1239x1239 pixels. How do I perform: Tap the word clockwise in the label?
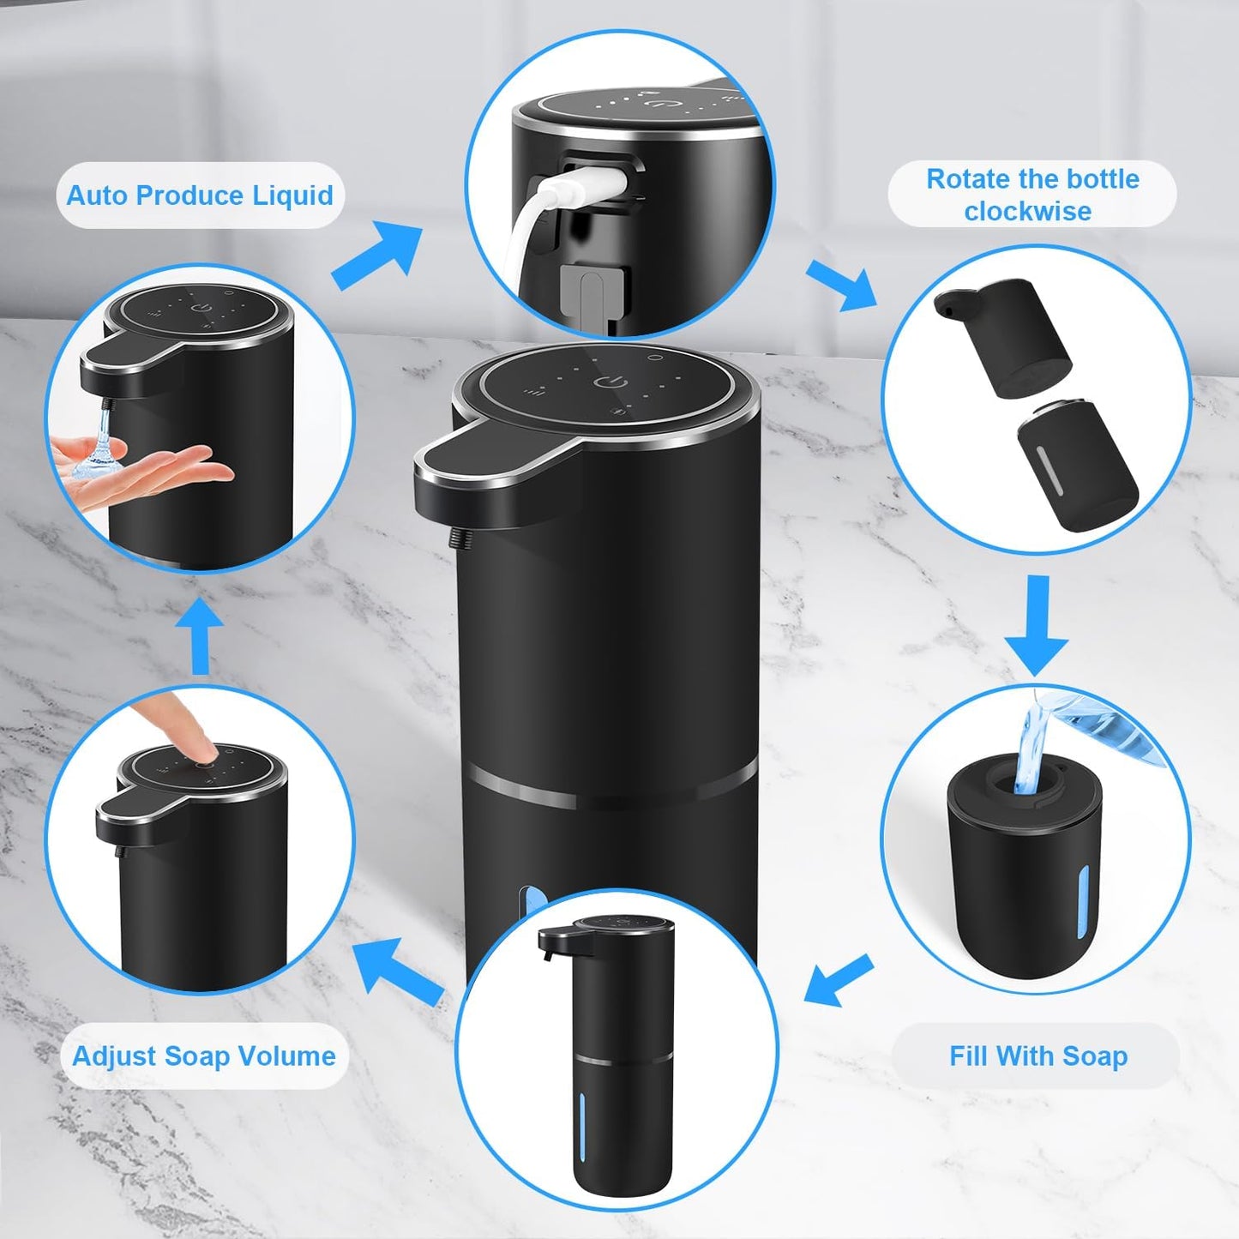(x=1027, y=211)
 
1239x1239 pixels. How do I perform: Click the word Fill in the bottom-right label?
(x=969, y=1056)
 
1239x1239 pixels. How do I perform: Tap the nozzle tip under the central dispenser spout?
(x=453, y=538)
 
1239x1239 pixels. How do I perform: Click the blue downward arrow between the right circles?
(x=1037, y=625)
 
